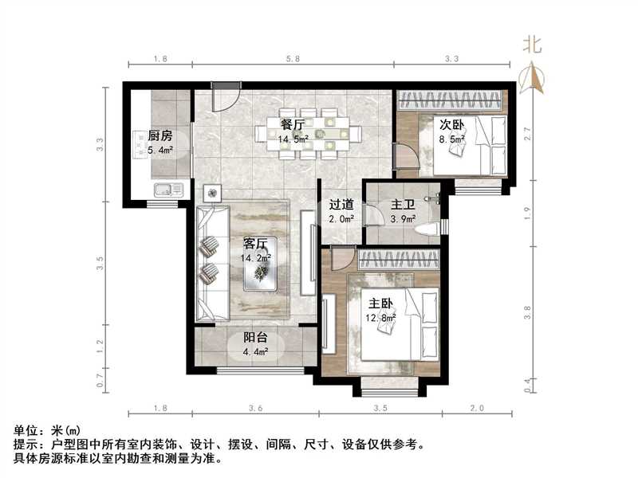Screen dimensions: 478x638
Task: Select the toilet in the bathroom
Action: click(427, 229)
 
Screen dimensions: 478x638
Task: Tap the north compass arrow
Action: click(531, 76)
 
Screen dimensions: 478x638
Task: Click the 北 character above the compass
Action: click(532, 45)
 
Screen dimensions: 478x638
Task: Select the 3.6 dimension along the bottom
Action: click(256, 408)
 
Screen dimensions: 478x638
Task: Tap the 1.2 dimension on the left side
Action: click(100, 345)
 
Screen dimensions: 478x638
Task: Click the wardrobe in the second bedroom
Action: click(450, 100)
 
